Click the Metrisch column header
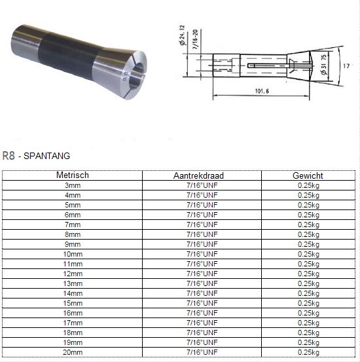pyautogui.click(x=73, y=175)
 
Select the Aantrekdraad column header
pyautogui.click(x=198, y=175)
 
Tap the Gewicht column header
pyautogui.click(x=308, y=175)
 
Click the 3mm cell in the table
pyautogui.click(x=73, y=185)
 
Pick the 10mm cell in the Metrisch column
pyautogui.click(x=73, y=254)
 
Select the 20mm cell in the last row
pyautogui.click(x=73, y=352)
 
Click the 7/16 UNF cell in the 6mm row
pyautogui.click(x=202, y=215)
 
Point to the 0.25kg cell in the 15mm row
pyautogui.click(x=308, y=303)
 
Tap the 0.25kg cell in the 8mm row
pyautogui.click(x=308, y=234)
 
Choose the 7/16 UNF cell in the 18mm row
pyautogui.click(x=202, y=333)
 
